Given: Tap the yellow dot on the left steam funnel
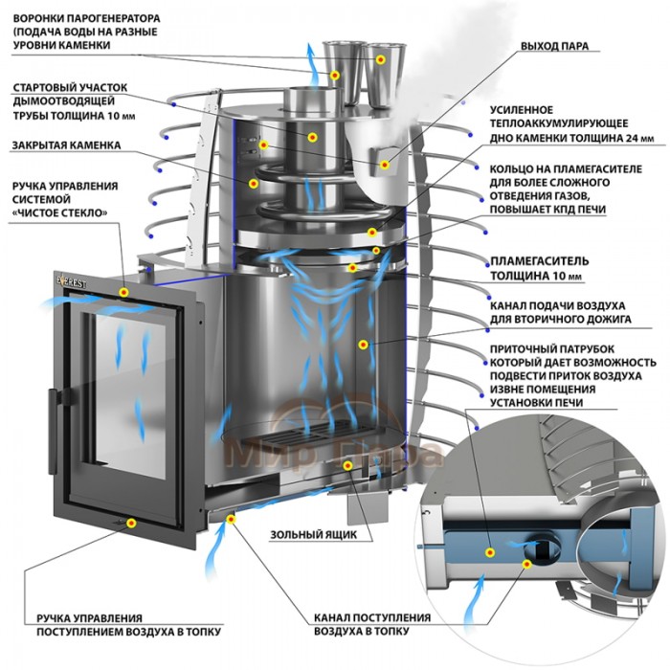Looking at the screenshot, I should point(336,75).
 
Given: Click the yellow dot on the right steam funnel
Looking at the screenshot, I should point(381,59).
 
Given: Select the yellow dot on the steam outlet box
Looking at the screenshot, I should point(387,165).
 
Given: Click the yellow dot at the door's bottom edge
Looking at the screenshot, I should point(132,523).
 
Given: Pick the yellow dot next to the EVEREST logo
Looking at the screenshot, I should point(123,291).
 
